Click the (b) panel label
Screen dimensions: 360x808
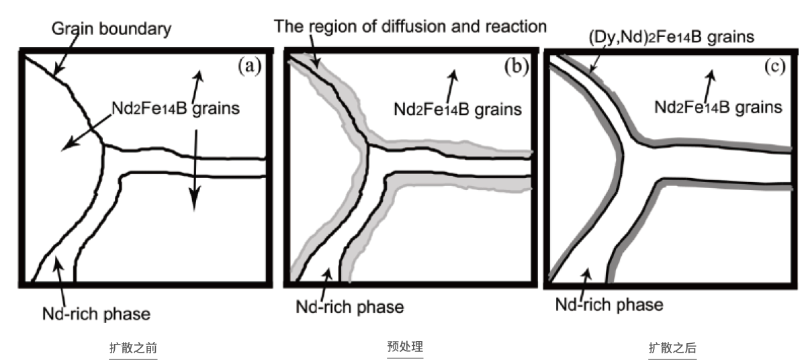(x=516, y=66)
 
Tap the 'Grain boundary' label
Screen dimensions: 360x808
(x=111, y=29)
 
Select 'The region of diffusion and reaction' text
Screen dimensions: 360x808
(x=410, y=26)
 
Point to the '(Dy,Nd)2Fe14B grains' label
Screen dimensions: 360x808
(x=670, y=37)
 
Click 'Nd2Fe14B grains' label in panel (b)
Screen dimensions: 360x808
(x=457, y=109)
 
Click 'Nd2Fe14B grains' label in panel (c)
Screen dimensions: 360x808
(x=718, y=107)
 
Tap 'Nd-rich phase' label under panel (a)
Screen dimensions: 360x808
(x=96, y=313)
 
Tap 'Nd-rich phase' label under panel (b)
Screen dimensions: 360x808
(x=350, y=307)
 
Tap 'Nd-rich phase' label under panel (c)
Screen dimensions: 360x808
(x=609, y=304)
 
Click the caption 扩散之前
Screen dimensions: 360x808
(x=134, y=348)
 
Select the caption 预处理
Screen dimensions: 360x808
(x=405, y=347)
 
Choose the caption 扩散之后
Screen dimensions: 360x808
(x=672, y=348)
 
